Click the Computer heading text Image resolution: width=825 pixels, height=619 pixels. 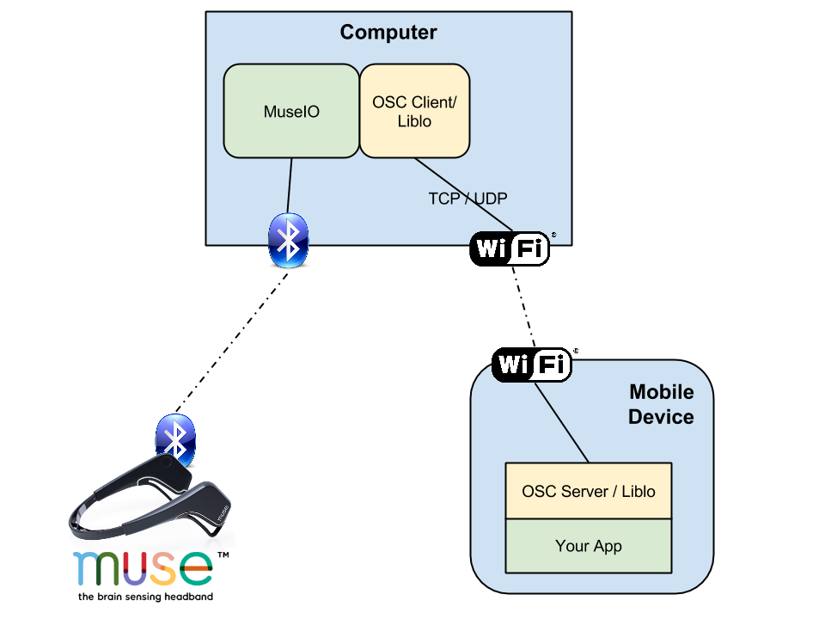[x=388, y=33]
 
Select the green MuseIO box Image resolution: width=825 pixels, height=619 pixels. [x=291, y=111]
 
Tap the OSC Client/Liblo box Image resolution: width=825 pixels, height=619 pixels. [x=414, y=111]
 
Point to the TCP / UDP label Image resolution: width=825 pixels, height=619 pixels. [x=467, y=199]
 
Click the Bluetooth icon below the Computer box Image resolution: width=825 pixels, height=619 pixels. [x=288, y=240]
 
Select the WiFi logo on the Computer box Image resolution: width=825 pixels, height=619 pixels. [x=509, y=248]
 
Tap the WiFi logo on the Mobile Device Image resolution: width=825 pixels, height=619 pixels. [x=532, y=365]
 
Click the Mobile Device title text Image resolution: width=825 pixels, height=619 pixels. [x=661, y=404]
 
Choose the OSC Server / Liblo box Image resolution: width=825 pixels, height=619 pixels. [x=589, y=491]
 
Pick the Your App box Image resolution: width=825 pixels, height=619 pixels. [x=589, y=546]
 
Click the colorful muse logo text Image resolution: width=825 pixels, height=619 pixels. [x=143, y=567]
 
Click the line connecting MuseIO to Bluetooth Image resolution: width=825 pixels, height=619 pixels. [x=290, y=185]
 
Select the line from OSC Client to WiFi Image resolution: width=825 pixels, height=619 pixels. [x=464, y=194]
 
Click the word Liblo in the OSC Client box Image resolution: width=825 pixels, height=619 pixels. [x=414, y=122]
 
